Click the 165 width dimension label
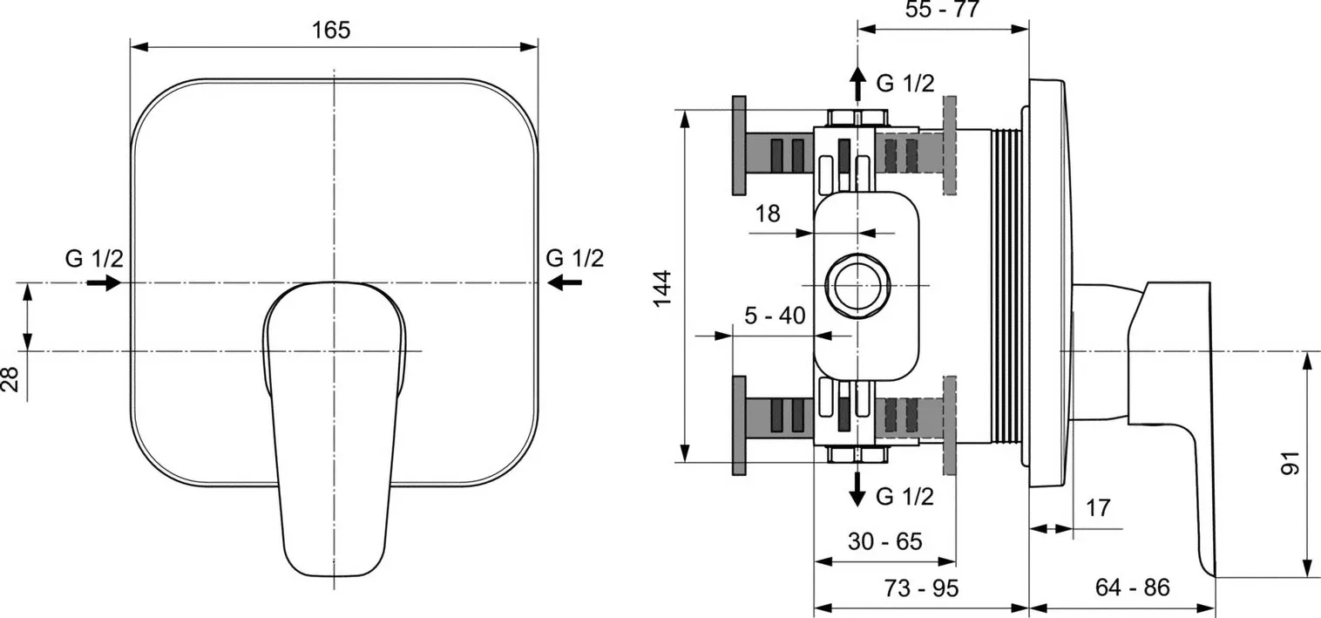[331, 31]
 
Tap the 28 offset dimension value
[10, 378]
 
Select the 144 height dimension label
[663, 289]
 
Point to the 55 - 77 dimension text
[943, 9]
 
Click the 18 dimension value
[767, 214]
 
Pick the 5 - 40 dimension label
[775, 316]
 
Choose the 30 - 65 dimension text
[884, 540]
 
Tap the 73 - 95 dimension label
[921, 587]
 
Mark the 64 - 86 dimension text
[1132, 587]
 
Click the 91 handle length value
[1291, 462]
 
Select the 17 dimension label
[1097, 507]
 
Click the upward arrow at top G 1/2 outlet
[857, 83]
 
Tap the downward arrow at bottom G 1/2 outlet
[857, 489]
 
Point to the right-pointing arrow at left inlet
[104, 283]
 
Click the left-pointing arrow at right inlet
[565, 283]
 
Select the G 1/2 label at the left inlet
[94, 259]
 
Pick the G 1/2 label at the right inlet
[574, 258]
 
